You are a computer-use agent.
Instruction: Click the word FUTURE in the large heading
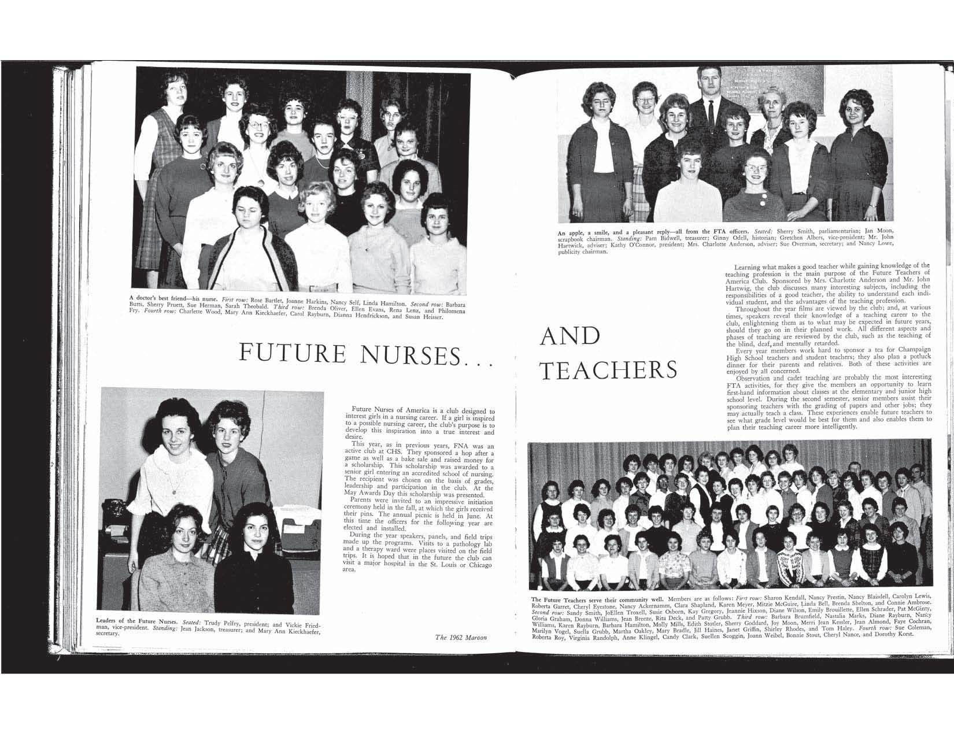click(293, 354)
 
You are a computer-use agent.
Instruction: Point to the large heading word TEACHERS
click(608, 371)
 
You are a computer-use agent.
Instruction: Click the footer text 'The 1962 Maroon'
click(461, 638)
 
